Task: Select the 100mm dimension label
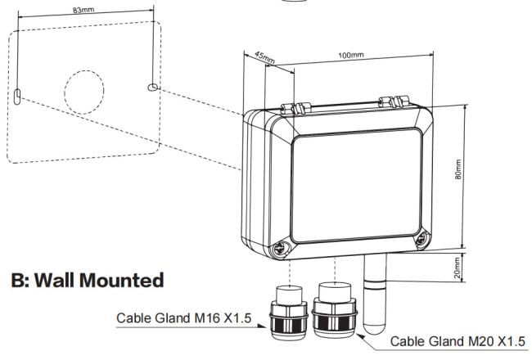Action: pos(349,55)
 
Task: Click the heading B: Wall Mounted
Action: pos(88,281)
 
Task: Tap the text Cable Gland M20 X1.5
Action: pos(458,341)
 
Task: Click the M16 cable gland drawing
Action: pos(287,314)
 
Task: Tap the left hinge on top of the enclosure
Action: pos(289,108)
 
